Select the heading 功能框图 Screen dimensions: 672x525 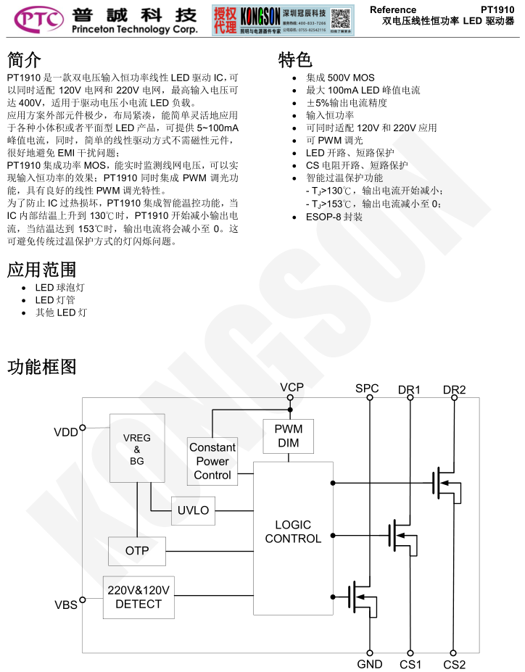(x=41, y=368)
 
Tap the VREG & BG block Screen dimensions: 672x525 (x=137, y=448)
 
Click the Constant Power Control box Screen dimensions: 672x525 (x=212, y=461)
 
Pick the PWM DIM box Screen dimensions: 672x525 (x=289, y=436)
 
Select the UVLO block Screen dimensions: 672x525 (x=194, y=510)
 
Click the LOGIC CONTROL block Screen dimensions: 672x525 (x=293, y=531)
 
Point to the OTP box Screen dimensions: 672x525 (x=136, y=551)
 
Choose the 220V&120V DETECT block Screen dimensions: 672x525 (x=139, y=597)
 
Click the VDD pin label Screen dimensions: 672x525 (x=65, y=432)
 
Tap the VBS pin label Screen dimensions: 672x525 (x=65, y=604)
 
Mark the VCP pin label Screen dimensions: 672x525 (x=292, y=388)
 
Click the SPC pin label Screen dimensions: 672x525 (x=367, y=389)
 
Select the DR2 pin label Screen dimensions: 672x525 (x=455, y=390)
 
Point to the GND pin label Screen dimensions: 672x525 (x=370, y=664)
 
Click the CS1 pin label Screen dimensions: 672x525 (x=410, y=664)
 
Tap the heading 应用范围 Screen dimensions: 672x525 (x=41, y=270)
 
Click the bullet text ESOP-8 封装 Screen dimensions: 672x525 (x=334, y=217)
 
